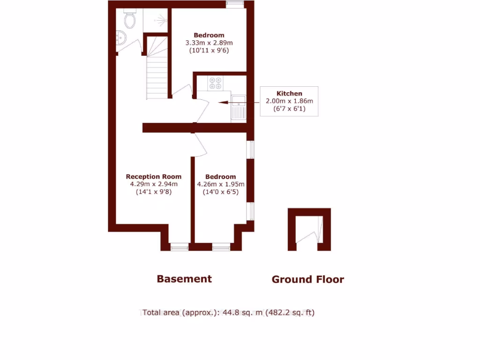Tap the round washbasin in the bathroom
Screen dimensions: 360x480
[120, 37]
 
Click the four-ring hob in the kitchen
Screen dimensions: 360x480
[216, 83]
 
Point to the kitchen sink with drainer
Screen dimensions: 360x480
[239, 107]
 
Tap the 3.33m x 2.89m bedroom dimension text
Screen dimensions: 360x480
[209, 43]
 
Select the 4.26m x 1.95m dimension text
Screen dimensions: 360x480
[220, 184]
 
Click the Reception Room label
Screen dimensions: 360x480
[154, 177]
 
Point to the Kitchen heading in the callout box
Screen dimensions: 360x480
[289, 93]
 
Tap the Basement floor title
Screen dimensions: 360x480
[184, 279]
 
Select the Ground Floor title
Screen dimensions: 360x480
[308, 280]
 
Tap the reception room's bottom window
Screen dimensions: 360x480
[179, 247]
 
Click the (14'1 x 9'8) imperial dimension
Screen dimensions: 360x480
[154, 192]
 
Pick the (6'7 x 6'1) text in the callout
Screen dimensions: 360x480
[289, 108]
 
